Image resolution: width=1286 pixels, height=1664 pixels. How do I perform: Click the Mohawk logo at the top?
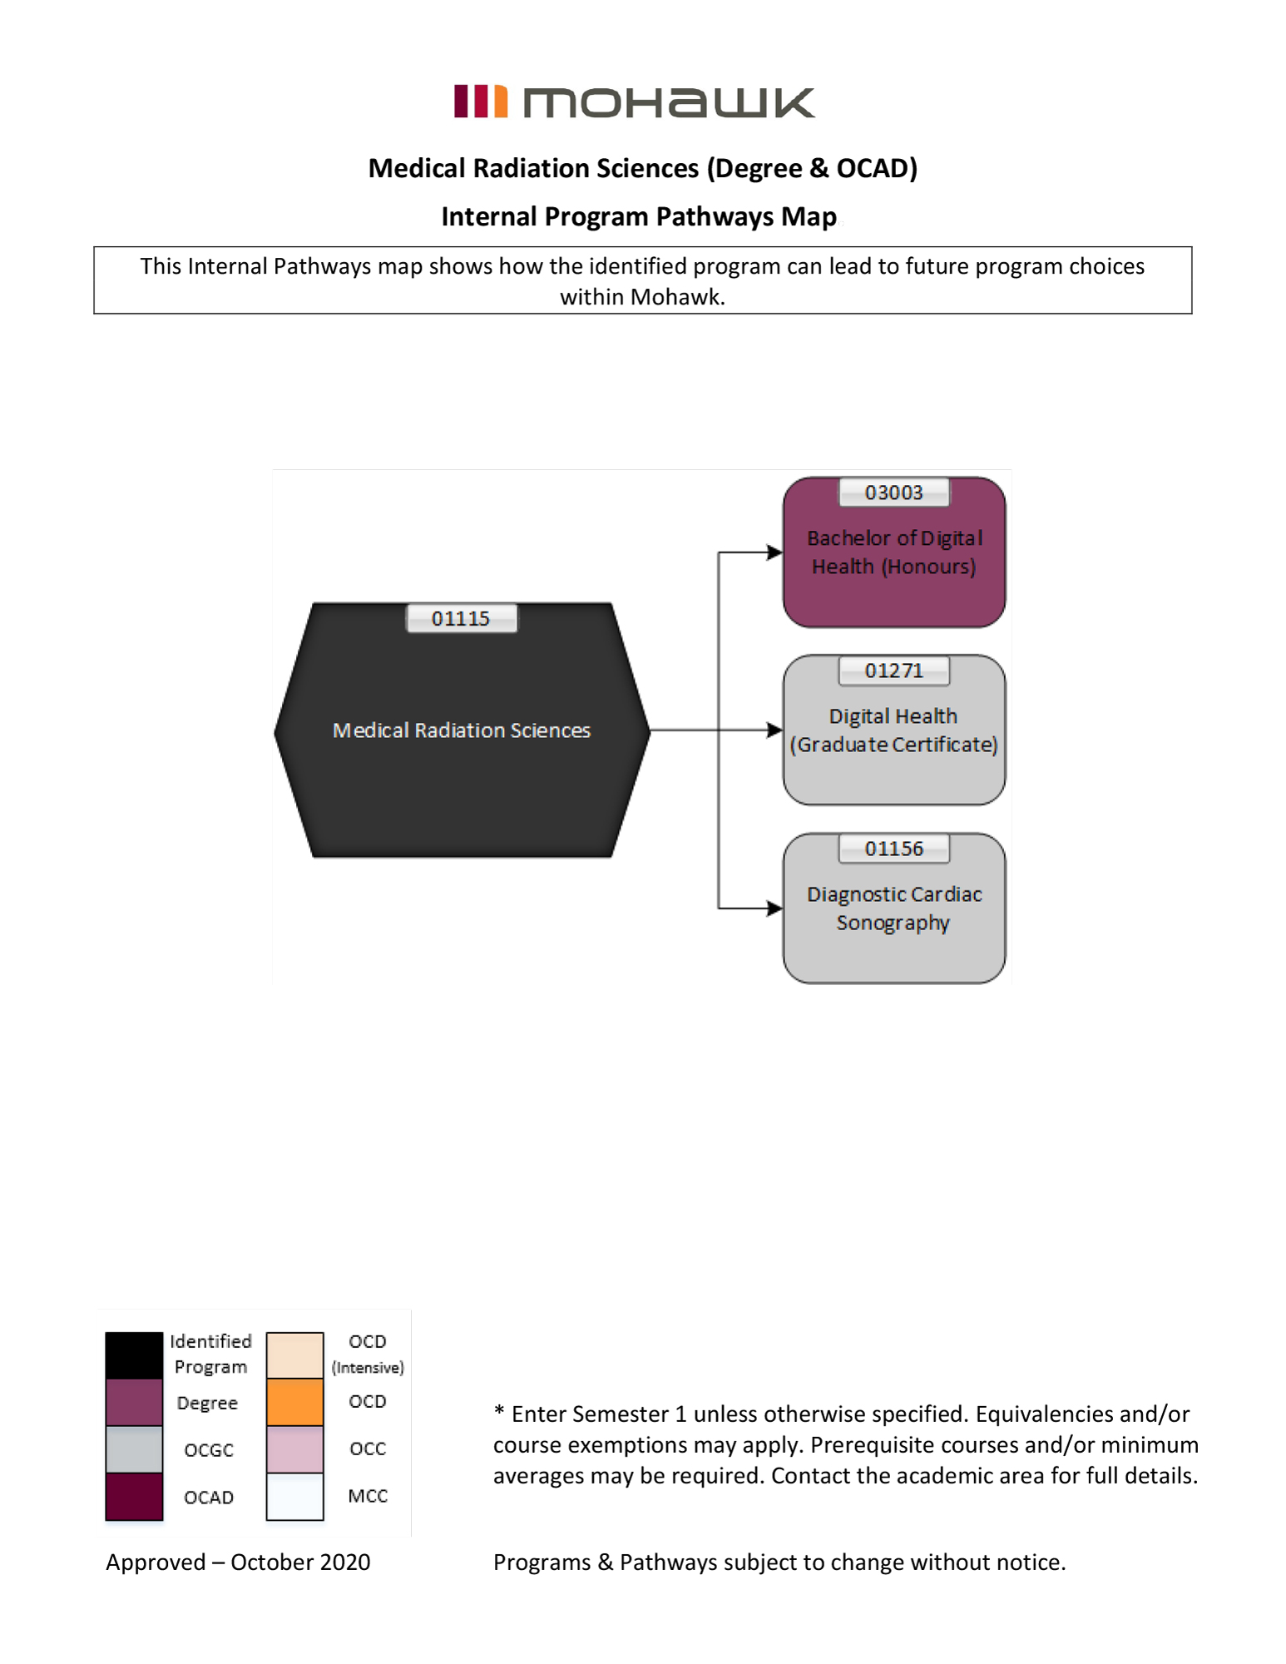coord(634,102)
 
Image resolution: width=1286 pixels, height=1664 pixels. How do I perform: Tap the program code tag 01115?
coord(461,618)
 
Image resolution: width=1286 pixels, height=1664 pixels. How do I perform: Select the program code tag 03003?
coord(893,493)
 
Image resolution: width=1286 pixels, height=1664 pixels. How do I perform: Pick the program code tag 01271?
coord(893,671)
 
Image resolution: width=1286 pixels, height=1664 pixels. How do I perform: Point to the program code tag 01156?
coord(893,849)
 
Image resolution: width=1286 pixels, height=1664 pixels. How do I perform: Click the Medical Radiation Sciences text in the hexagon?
coord(462,730)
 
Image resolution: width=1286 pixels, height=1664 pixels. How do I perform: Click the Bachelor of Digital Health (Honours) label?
coord(894,552)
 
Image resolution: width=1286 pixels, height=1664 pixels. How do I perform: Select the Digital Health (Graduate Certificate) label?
coord(894,730)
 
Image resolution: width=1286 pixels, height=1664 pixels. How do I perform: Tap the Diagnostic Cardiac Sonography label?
coord(894,909)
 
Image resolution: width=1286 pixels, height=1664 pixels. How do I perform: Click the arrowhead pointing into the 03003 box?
coord(774,552)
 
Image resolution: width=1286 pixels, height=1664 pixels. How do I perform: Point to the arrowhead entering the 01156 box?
coord(774,909)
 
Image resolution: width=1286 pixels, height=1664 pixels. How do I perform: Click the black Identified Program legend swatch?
coord(134,1354)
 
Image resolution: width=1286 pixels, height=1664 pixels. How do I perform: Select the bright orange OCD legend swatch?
coord(294,1402)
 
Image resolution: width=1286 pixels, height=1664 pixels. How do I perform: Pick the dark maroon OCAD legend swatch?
coord(134,1496)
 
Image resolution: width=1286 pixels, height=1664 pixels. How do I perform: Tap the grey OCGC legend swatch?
coord(134,1449)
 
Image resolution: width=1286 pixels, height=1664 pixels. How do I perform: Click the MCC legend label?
coord(368,1496)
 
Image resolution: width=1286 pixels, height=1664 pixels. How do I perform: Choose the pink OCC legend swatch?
coord(294,1449)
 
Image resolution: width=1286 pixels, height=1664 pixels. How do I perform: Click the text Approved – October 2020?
coord(238,1562)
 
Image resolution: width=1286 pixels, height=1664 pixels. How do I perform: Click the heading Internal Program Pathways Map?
coord(639,216)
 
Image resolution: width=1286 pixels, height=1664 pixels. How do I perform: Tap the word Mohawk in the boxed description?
coord(676,297)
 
